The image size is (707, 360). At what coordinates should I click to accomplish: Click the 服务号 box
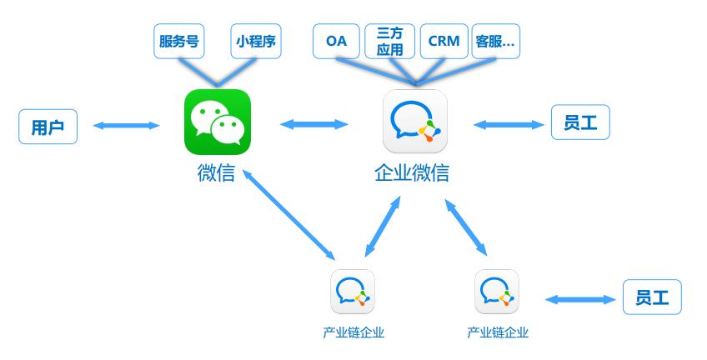179,41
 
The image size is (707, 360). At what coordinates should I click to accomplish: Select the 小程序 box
255,41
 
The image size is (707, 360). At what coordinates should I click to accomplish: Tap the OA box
336,41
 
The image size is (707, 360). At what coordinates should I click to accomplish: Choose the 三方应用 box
389,41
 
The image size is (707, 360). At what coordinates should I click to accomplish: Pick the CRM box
444,41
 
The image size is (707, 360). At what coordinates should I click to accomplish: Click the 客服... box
495,41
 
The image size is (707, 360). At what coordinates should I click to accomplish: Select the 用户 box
48,127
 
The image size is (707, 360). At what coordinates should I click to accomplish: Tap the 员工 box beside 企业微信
580,123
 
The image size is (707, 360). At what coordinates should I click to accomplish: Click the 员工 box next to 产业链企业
652,297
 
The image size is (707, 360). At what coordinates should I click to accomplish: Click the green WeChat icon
217,122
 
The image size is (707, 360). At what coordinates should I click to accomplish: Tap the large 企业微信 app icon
414,122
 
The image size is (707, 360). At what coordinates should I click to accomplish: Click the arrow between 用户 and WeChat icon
126,126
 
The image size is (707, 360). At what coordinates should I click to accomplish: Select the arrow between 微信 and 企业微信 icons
314,124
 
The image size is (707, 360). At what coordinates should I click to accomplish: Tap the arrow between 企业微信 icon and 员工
508,125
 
